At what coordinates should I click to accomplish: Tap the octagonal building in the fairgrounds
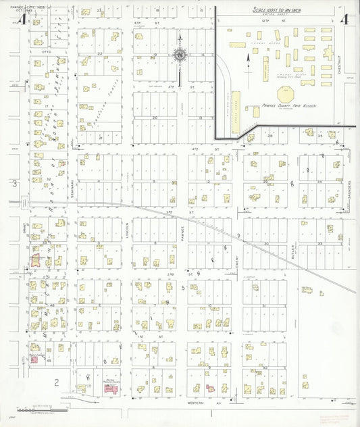click(285, 95)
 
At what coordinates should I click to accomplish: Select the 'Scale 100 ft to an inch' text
click(278, 9)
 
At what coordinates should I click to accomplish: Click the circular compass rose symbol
click(180, 55)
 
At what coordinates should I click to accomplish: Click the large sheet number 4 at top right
click(345, 18)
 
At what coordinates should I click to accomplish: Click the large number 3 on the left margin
click(14, 183)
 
